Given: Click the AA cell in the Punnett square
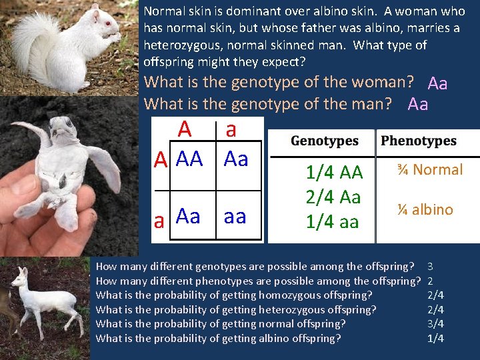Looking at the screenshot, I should tap(189, 159).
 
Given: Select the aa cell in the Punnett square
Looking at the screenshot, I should tap(235, 216).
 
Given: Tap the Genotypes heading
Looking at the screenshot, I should tap(325, 141).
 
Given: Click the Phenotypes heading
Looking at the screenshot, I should tap(419, 141).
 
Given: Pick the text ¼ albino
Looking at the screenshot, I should tap(425, 209).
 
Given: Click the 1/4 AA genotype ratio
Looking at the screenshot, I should tap(333, 173).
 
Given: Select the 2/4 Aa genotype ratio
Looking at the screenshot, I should tap(333, 197).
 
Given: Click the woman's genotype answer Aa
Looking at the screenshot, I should tap(437, 83).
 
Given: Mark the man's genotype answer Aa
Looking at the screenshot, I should tap(417, 104).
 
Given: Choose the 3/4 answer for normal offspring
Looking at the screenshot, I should tap(435, 324).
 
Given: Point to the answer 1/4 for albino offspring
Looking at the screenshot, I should tap(435, 339).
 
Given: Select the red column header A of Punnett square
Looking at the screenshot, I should tap(185, 128).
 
